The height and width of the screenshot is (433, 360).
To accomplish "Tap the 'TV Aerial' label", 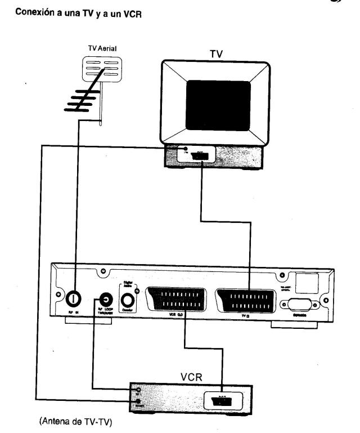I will tap(100, 49).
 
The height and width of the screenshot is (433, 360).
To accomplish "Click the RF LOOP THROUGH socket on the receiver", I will tap(105, 299).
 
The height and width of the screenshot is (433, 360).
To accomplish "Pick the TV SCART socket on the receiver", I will tap(246, 298).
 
